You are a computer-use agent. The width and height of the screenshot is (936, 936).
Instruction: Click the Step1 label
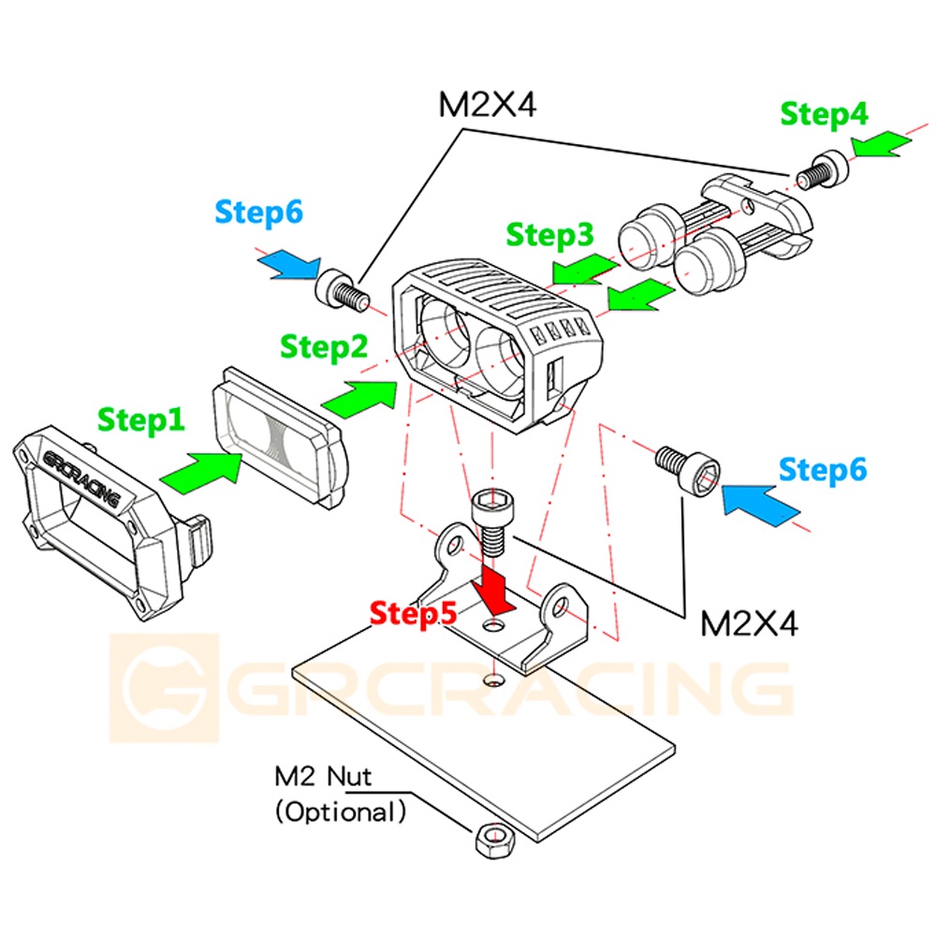coord(141,419)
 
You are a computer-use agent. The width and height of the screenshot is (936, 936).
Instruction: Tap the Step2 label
coord(324,347)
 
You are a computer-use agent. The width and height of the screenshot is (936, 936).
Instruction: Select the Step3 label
coord(549,235)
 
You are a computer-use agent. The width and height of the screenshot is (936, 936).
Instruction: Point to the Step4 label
coord(824,113)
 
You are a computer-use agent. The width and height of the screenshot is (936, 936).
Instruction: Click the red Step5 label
coord(413,613)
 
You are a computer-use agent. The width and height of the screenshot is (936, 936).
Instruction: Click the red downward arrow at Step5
coord(493,591)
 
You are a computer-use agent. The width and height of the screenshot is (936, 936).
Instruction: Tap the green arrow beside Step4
coord(881,144)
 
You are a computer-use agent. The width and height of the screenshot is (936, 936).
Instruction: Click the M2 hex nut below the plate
coord(495,841)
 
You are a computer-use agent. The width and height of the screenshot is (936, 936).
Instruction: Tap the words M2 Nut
coord(322,776)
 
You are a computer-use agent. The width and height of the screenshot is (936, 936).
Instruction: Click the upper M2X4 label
coord(487,105)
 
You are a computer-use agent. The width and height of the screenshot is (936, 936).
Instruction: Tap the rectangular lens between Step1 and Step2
coord(279,437)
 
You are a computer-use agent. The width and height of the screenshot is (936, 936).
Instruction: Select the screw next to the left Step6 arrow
coord(342,289)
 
